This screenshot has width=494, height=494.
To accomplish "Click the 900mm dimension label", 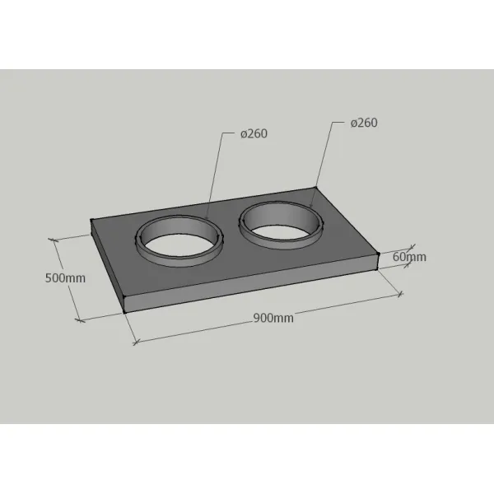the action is [273, 318].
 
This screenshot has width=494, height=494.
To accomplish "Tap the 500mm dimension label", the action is [65, 278].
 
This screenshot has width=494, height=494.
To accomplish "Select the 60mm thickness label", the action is [409, 257].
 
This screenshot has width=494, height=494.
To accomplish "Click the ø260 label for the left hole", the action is [254, 133].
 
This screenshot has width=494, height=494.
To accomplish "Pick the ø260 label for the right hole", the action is [364, 123].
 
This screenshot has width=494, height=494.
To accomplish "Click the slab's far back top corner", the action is [315, 188].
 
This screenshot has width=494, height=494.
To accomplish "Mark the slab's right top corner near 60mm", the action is [379, 254].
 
